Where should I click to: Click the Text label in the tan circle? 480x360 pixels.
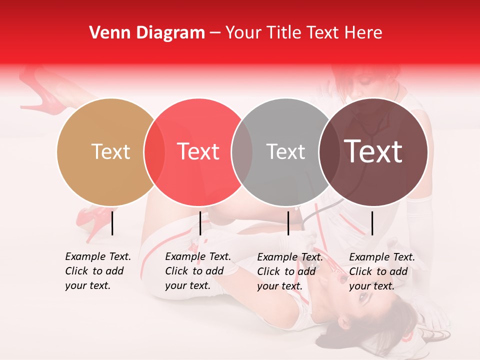point(110,151)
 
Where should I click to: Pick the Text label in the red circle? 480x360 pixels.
point(198,151)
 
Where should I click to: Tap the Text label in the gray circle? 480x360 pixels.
point(285,151)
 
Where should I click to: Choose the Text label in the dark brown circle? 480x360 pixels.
point(373,151)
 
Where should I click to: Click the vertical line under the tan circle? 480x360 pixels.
point(112,223)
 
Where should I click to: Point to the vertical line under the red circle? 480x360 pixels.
point(200,223)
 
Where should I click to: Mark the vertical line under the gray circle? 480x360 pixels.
point(288,223)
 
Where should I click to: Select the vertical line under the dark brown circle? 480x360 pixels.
point(372,223)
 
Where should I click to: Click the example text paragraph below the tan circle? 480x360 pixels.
point(97,271)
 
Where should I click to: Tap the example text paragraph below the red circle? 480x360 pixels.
point(197,271)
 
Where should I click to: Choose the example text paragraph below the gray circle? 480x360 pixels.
point(289,271)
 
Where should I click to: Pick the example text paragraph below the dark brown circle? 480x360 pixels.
point(381,271)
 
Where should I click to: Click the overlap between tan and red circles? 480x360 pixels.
point(154,151)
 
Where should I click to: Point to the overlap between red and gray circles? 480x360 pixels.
point(242,151)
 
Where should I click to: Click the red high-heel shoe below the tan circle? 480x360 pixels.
point(92,220)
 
